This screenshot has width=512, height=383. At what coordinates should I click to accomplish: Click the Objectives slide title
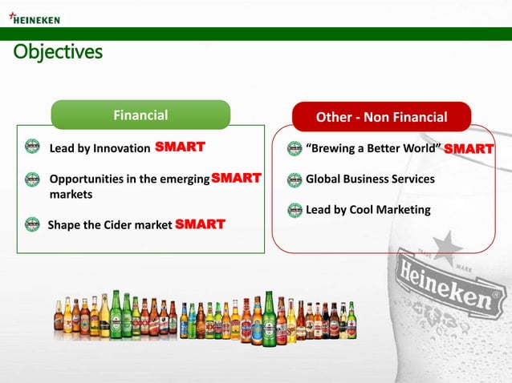(58, 53)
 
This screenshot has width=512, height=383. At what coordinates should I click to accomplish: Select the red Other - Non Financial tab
(381, 118)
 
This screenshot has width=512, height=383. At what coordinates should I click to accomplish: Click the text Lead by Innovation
(100, 148)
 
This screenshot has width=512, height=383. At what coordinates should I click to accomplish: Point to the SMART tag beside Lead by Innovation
(180, 147)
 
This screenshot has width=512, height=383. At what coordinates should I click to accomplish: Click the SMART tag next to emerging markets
(236, 179)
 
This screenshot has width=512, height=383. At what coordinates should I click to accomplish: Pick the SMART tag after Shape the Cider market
(200, 224)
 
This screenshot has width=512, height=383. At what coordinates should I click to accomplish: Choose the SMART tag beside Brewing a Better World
(469, 149)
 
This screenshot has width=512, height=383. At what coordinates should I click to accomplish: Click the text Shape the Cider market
(109, 225)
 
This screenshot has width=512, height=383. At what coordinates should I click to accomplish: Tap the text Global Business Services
(370, 179)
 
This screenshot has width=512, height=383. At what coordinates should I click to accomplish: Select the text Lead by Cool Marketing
(368, 210)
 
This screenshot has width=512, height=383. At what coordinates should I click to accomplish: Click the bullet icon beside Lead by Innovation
(32, 147)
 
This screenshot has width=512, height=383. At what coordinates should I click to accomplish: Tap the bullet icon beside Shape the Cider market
(32, 224)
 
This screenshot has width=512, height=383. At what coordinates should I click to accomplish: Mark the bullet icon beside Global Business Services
(295, 179)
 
